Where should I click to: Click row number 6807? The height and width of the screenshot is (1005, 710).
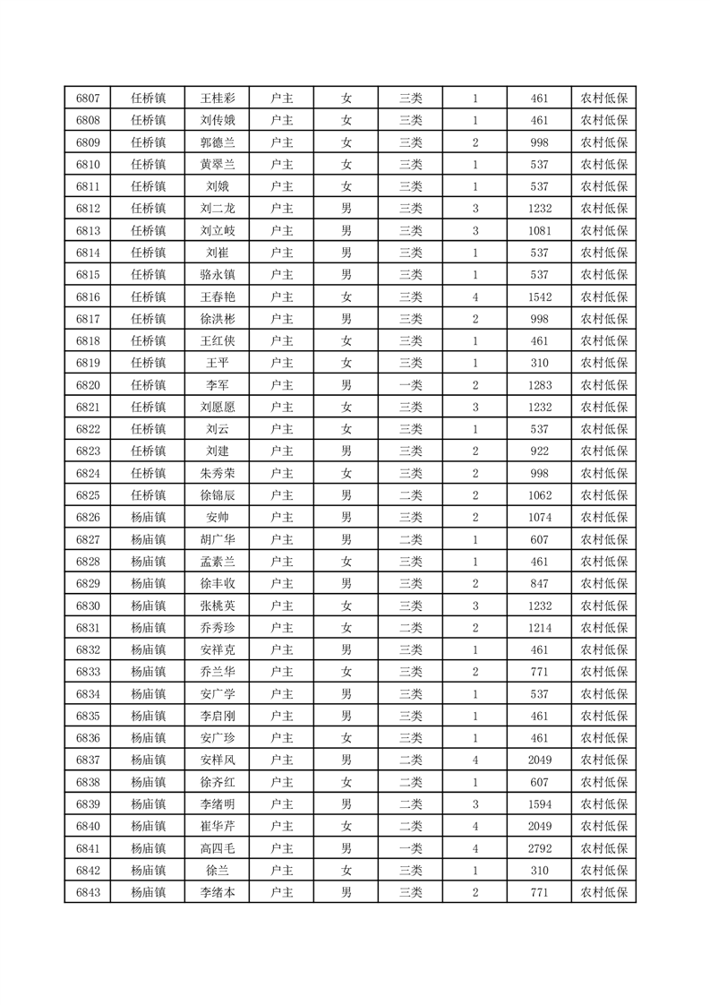pos(88,99)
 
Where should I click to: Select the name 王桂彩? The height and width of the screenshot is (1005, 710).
pos(217,99)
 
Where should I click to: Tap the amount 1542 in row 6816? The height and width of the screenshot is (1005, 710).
pos(539,297)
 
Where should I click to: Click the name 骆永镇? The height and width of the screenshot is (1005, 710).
pos(217,275)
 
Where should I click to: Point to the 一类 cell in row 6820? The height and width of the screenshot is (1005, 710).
pos(411,385)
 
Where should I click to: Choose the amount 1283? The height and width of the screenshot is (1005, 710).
pos(539,385)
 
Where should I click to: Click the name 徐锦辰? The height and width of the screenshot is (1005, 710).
pos(217,495)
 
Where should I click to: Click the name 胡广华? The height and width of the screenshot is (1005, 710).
pos(217,539)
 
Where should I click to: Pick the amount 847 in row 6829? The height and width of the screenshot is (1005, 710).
pos(539,583)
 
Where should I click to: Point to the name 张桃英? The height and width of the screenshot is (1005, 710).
pos(217,606)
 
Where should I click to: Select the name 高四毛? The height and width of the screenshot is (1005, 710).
pos(217,848)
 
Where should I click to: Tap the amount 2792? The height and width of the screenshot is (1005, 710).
pos(539,848)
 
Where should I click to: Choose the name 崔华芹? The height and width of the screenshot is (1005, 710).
pos(217,826)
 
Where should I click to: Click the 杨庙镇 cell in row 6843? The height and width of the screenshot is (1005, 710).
pos(148,892)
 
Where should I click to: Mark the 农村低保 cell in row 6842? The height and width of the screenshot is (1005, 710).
pos(603,870)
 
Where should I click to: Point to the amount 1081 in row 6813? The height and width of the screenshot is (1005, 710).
pos(539,231)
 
